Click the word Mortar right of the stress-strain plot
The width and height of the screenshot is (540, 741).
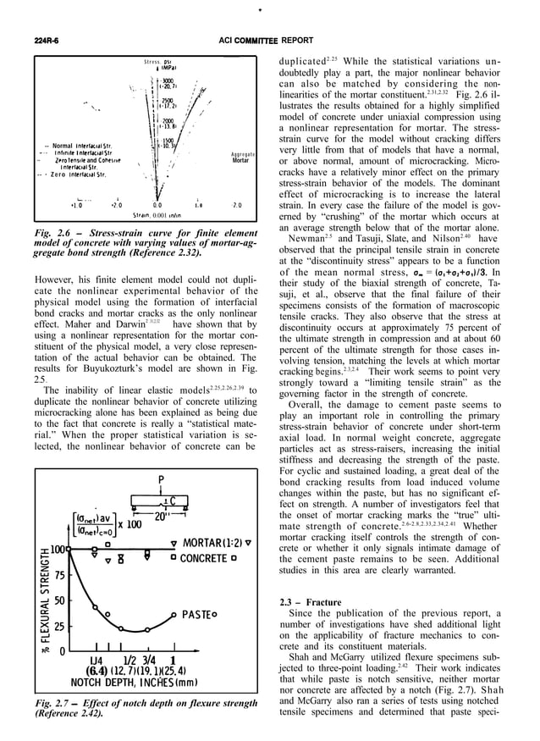(240, 159)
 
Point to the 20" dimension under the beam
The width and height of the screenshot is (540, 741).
(161, 514)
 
